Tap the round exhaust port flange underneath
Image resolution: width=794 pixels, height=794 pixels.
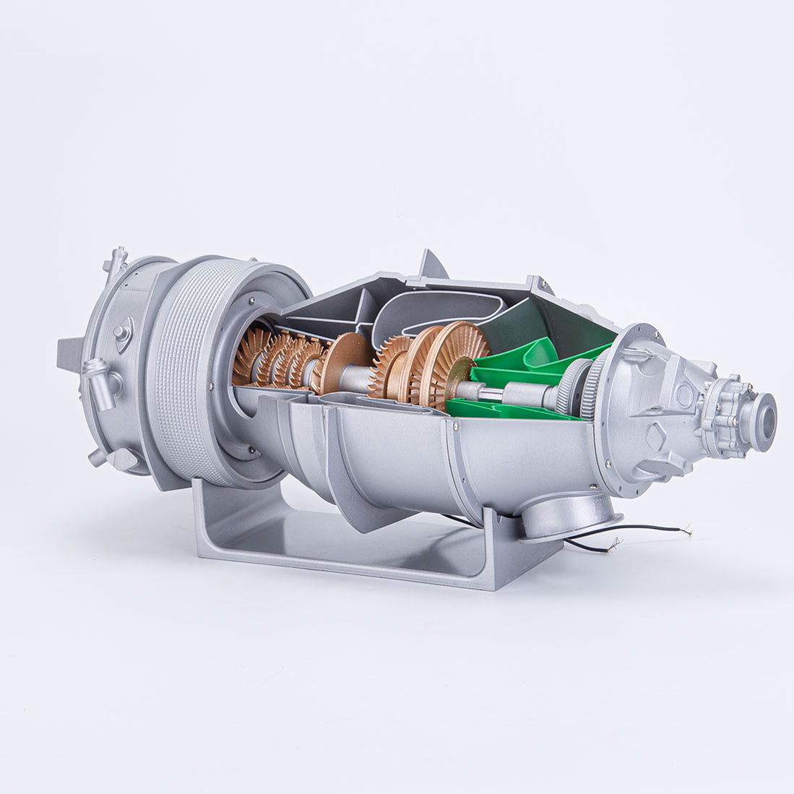569,515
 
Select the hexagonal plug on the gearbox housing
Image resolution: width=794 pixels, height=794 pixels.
656,436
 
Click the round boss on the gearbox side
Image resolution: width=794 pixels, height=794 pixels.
683,395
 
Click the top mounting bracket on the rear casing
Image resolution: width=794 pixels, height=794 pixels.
116,259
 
